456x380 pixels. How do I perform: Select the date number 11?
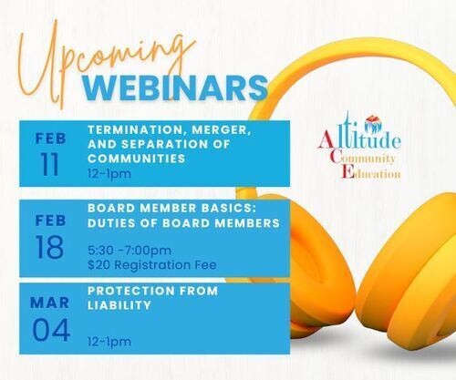click(x=49, y=164)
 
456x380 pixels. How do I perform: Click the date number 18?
click(x=49, y=247)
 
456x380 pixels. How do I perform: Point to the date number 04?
click(x=51, y=330)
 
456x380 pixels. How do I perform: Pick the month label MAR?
click(x=50, y=303)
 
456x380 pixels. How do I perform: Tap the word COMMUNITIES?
click(x=137, y=159)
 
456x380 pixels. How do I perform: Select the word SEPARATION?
click(x=162, y=144)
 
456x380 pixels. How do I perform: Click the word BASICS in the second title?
click(x=229, y=208)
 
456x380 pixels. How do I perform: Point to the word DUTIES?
click(x=111, y=223)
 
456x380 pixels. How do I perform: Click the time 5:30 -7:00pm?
click(x=130, y=251)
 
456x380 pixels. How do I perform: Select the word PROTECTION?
click(x=130, y=291)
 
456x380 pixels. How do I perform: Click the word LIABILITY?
click(x=119, y=305)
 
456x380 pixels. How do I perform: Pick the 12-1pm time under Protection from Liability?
click(x=109, y=342)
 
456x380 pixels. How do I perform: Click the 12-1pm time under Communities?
click(x=109, y=174)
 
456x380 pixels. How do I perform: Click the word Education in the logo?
click(x=370, y=172)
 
